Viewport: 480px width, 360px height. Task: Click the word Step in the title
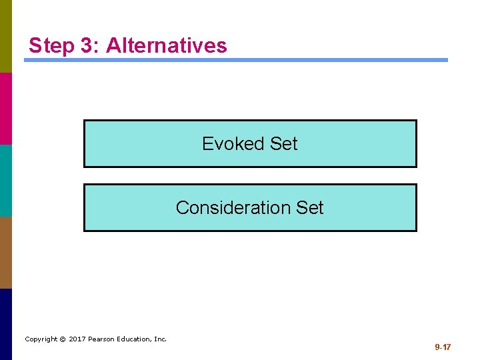(x=51, y=46)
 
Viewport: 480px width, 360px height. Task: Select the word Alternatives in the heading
(x=166, y=46)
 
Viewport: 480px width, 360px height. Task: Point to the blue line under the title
(x=236, y=60)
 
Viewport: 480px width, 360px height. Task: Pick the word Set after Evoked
(x=284, y=143)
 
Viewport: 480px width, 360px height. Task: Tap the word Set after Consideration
(x=310, y=207)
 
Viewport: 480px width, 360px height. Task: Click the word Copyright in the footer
(x=41, y=339)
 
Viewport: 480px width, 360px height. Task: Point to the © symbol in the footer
(x=63, y=339)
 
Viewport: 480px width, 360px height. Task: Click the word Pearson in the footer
(x=104, y=339)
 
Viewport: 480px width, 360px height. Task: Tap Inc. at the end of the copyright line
(x=161, y=339)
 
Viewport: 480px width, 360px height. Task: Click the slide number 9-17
(x=443, y=347)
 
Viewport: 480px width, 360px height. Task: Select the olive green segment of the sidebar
(x=6, y=36)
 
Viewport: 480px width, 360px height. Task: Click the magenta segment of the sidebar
(x=6, y=108)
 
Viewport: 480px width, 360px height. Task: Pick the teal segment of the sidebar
(x=6, y=180)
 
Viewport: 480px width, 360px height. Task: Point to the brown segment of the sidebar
(x=6, y=252)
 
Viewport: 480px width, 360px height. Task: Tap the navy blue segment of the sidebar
(x=6, y=324)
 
